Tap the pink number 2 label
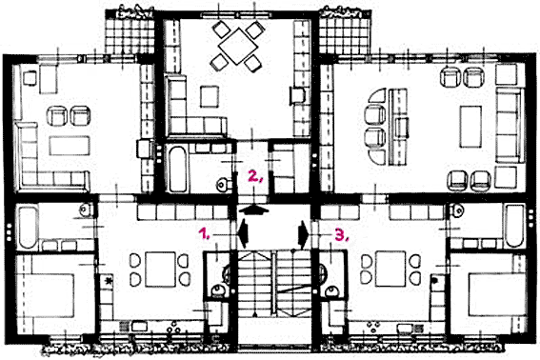tap(256, 176)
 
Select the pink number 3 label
tap(341, 235)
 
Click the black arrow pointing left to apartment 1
tap(243, 234)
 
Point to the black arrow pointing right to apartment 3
tap(304, 234)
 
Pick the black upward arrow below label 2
tap(254, 210)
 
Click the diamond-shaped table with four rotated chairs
tap(236, 46)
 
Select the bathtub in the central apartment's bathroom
tap(177, 169)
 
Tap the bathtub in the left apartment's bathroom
tap(28, 227)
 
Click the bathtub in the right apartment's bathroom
tap(514, 226)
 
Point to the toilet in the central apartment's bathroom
tap(223, 185)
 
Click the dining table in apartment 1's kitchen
tap(160, 270)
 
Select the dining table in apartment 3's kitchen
tap(390, 269)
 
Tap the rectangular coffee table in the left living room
tap(70, 146)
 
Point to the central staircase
tap(274, 283)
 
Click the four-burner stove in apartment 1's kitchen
tap(174, 328)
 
